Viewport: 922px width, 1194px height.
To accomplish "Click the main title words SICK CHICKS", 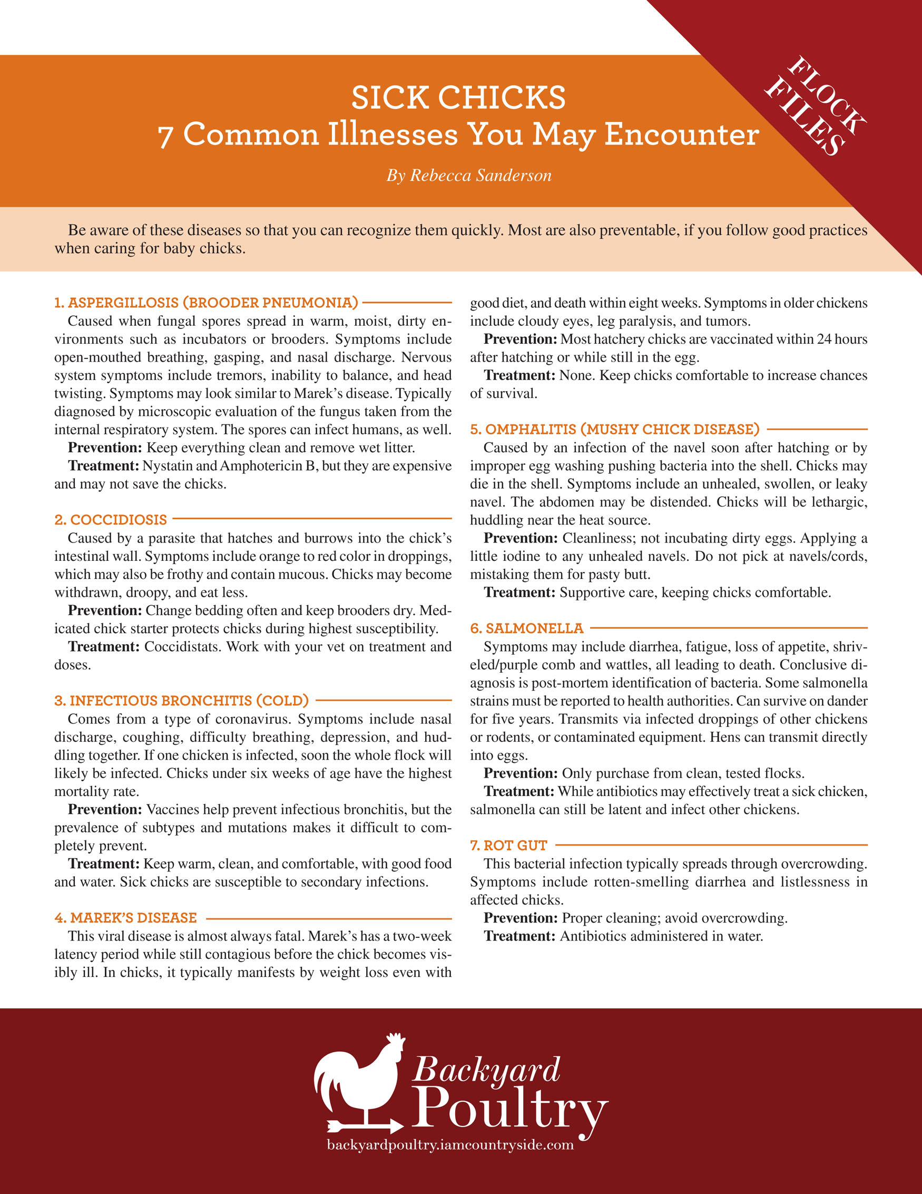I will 458,98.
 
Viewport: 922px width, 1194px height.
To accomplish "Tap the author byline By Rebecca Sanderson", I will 469,176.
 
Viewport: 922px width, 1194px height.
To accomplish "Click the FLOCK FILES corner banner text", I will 815,106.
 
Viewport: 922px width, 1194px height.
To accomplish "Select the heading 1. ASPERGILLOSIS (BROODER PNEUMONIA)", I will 206,303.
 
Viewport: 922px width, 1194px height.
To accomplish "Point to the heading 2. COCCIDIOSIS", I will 111,519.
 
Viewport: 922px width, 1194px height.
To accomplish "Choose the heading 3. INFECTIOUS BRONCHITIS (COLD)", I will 181,701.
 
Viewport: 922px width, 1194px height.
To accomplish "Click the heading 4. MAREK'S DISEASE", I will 126,918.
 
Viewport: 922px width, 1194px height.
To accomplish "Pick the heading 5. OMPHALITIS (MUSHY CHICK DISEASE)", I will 615,429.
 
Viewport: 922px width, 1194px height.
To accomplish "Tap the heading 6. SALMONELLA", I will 527,628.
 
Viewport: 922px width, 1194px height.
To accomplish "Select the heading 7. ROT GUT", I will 508,845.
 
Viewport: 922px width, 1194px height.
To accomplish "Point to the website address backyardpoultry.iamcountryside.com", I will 450,1145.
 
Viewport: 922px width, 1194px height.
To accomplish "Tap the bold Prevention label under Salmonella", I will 521,773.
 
